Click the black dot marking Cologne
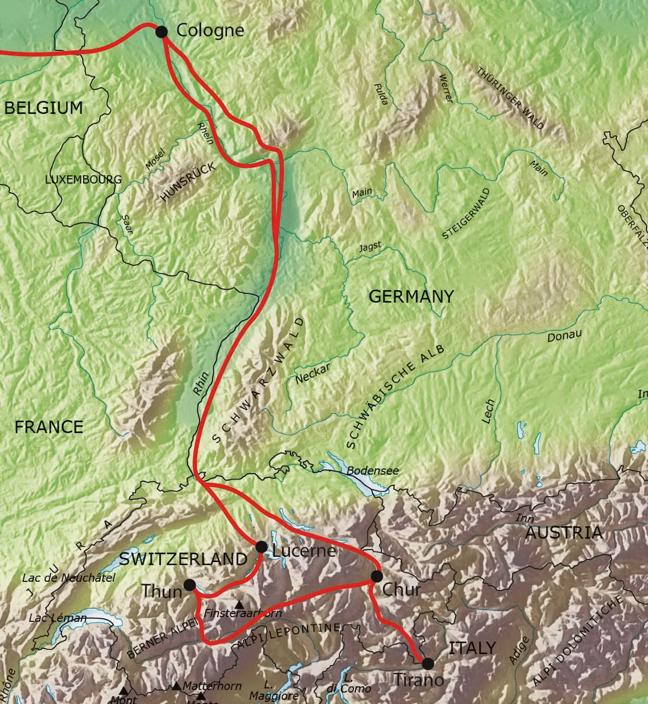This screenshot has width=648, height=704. [161, 32]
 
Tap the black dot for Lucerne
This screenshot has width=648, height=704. [261, 546]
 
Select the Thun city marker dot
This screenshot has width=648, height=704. [189, 585]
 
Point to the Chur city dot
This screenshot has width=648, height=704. [377, 576]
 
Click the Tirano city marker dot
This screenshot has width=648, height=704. [428, 663]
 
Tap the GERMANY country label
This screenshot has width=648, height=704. [411, 296]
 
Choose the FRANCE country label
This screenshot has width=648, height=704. [49, 427]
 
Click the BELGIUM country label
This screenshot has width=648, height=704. [44, 108]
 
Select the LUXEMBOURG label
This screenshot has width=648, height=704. [83, 179]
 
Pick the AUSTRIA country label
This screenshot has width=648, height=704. [564, 532]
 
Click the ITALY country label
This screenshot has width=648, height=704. [472, 648]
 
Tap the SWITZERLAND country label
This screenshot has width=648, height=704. [183, 558]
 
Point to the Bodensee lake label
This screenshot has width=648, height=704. [372, 471]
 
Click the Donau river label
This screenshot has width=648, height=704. [564, 336]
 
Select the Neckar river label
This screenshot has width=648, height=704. [313, 374]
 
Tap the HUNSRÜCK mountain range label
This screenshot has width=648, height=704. [188, 183]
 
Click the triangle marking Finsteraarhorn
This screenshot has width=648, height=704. [239, 604]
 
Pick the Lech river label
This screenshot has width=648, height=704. [488, 411]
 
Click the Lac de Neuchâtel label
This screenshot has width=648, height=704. [68, 578]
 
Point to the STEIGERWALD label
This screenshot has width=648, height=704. [466, 213]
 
